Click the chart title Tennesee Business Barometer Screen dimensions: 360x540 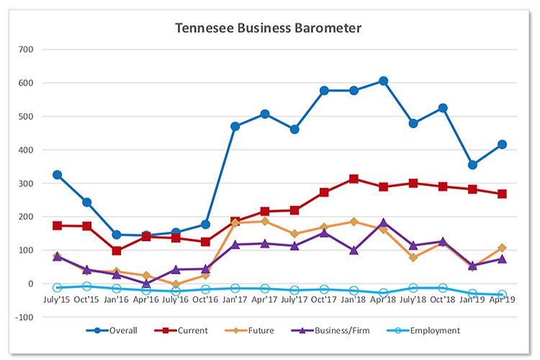tap(269, 29)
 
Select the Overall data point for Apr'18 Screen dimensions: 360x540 tap(384, 81)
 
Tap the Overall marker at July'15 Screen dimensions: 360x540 tap(58, 175)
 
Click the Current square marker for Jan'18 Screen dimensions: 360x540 tap(354, 179)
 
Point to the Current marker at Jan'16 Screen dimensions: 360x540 tap(117, 251)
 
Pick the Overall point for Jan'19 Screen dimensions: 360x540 tap(472, 165)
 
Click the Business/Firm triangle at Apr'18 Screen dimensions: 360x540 tap(384, 223)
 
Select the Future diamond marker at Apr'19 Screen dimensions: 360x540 tap(502, 248)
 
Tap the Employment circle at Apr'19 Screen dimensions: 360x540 tap(502, 294)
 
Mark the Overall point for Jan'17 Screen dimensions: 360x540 tap(235, 126)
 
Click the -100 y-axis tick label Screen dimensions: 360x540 tap(25, 317)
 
